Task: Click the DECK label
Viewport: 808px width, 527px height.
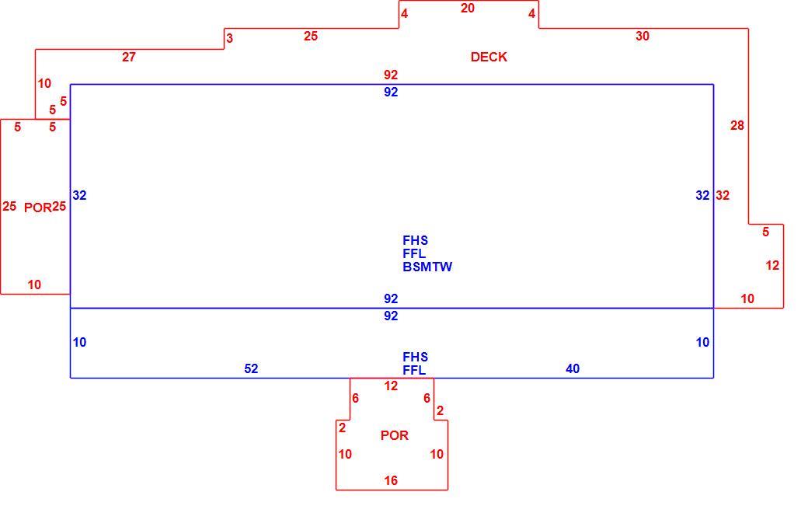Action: (x=489, y=57)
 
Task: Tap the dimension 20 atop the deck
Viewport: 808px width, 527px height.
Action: (x=468, y=9)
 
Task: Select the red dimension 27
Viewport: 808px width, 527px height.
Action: (x=129, y=57)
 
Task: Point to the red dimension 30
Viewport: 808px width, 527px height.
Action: (x=642, y=36)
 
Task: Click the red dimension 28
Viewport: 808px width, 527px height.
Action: (x=737, y=125)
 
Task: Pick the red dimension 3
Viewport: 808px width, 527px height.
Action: (x=229, y=38)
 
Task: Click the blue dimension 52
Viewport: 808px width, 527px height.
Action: (x=251, y=368)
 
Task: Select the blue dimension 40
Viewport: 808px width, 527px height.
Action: (x=573, y=368)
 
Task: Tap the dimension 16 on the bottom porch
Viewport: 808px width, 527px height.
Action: (x=391, y=480)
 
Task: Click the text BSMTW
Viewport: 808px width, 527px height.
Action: (x=427, y=267)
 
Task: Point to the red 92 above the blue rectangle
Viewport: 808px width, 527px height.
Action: (x=391, y=75)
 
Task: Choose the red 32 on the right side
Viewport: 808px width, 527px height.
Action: (x=723, y=195)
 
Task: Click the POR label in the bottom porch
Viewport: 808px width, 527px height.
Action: (x=394, y=435)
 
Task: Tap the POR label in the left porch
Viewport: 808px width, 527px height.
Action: (x=37, y=208)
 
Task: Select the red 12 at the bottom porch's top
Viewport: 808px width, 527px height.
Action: (x=391, y=386)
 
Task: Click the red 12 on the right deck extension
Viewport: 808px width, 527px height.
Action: (x=772, y=266)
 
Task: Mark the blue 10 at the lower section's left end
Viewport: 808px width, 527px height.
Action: (x=79, y=343)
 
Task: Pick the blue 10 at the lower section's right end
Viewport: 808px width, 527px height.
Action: (x=702, y=343)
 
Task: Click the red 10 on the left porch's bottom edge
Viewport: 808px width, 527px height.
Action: (x=34, y=284)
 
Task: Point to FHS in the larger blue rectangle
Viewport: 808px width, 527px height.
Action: (x=415, y=240)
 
